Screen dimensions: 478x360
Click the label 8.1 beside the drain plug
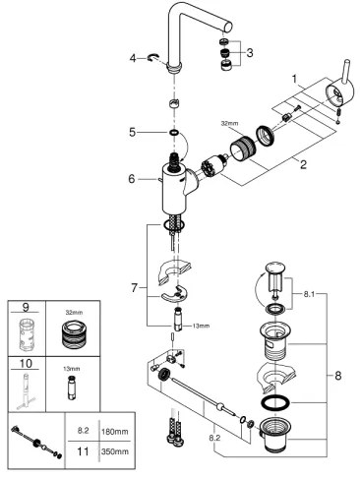pos(310,293)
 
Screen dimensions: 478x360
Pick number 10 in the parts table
pos(25,362)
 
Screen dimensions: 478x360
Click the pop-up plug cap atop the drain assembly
pos(275,269)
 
